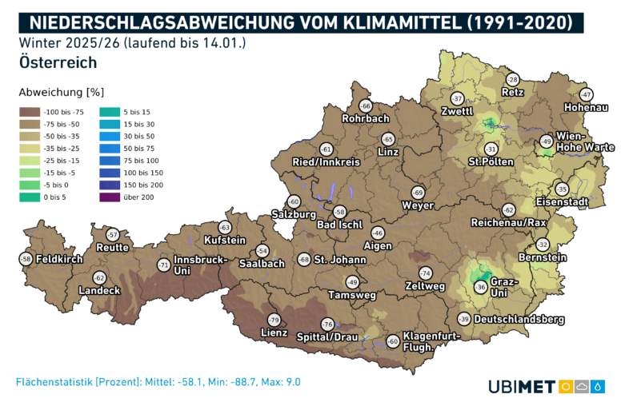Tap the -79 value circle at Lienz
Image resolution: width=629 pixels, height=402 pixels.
pyautogui.click(x=273, y=320)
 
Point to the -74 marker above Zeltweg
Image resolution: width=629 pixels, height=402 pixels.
pyautogui.click(x=425, y=273)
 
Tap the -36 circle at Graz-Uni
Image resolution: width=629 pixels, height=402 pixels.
pyautogui.click(x=480, y=287)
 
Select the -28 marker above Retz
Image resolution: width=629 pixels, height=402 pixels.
pyautogui.click(x=513, y=79)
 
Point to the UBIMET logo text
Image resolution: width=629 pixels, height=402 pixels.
pyautogui.click(x=522, y=388)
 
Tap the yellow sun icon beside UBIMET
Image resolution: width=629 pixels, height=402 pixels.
pyautogui.click(x=566, y=388)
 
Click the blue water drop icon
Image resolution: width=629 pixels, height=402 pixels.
pyautogui.click(x=598, y=388)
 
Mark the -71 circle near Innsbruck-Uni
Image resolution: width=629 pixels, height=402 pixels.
pyautogui.click(x=163, y=265)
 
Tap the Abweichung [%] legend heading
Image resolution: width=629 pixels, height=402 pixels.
pyautogui.click(x=61, y=92)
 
